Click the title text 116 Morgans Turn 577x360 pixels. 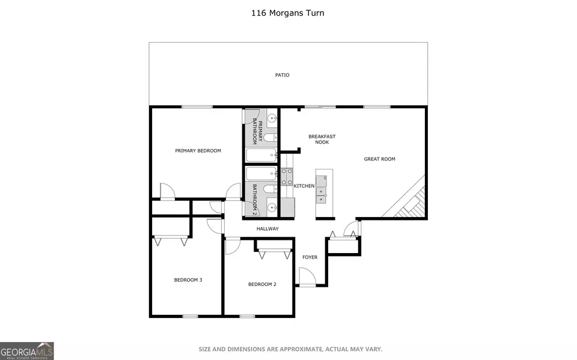click(288, 13)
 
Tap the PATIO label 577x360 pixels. click(282, 75)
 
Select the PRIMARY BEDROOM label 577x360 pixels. click(198, 151)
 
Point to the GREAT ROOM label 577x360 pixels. click(379, 159)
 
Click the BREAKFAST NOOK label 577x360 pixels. click(322, 139)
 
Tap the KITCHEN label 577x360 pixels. click(304, 186)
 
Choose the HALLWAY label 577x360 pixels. click(267, 228)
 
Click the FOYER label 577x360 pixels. click(310, 257)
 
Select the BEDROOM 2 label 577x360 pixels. click(262, 284)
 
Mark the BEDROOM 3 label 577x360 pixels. click(188, 279)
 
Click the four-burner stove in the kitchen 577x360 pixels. click(287, 177)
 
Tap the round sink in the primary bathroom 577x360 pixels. click(272, 118)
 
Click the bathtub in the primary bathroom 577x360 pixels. click(261, 155)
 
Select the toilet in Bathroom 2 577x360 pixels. click(270, 189)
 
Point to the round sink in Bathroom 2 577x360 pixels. click(272, 207)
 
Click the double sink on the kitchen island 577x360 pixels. click(321, 195)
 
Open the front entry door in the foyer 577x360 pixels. click(308, 277)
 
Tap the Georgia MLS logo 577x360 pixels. click(27, 351)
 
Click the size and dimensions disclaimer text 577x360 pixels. click(290, 349)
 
